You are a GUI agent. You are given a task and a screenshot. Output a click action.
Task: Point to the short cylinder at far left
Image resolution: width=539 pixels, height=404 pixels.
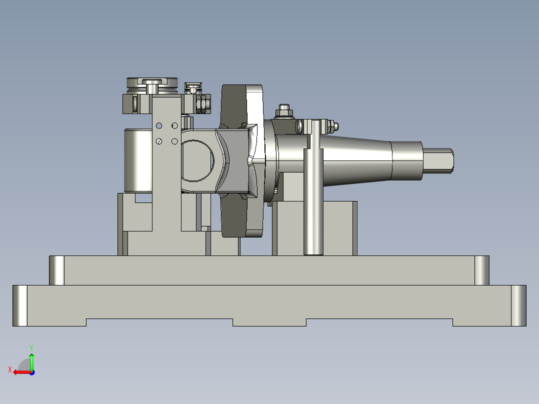click(137, 160)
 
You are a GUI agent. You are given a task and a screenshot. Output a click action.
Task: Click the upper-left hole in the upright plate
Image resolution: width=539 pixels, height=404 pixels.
click(159, 125)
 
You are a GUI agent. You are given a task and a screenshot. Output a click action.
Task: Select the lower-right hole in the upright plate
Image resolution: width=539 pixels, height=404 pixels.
click(174, 141)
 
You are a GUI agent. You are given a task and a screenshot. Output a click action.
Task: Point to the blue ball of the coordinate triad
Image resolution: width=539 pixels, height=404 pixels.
click(32, 372)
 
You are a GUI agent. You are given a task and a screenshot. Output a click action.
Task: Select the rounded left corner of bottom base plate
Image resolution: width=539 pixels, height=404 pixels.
click(20, 305)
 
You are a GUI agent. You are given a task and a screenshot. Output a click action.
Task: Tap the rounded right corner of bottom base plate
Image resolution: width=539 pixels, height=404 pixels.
click(518, 305)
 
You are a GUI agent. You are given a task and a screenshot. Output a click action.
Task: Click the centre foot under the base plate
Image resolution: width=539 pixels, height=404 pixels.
click(269, 322)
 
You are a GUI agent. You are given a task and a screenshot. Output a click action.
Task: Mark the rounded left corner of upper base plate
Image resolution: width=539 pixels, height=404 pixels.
click(57, 270)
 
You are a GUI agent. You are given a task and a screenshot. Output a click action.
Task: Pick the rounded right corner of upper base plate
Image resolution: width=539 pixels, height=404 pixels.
click(481, 270)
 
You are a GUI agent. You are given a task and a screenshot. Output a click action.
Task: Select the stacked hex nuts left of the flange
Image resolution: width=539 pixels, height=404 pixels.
click(203, 103)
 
